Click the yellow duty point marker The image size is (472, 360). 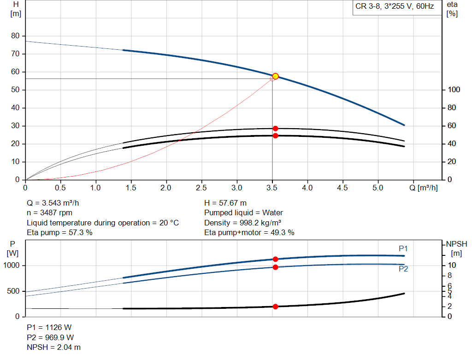pos(275,76)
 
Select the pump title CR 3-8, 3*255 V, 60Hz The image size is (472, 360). pos(395,6)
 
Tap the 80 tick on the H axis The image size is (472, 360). pos(15,36)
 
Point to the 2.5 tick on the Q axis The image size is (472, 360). pos(201,188)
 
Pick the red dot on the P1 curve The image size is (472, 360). pos(275,259)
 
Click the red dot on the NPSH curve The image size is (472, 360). pos(275,307)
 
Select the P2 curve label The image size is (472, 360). pos(403,269)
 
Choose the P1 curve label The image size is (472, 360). pos(403,248)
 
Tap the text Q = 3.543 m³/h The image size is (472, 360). pos(56,203)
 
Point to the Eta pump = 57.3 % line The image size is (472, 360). pos(59,233)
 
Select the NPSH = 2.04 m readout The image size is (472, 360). pos(53,347)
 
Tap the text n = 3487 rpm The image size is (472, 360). pos(50,213)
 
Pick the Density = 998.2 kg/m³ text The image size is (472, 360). pos(243,223)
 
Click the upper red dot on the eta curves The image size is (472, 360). pos(275,129)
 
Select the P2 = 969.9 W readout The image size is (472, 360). pos(50,337)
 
